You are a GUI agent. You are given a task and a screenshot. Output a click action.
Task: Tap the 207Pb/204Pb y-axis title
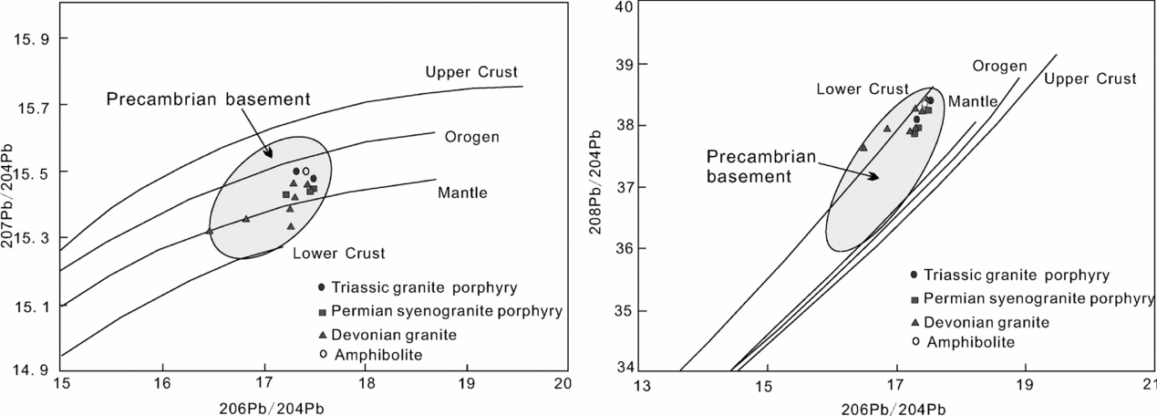pyautogui.click(x=10, y=204)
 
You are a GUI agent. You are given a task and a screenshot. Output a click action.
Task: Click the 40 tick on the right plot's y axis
pyautogui.click(x=622, y=7)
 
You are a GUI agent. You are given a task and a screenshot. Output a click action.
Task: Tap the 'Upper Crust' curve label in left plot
pyautogui.click(x=471, y=72)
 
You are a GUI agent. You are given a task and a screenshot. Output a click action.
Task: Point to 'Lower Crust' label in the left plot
pyautogui.click(x=339, y=253)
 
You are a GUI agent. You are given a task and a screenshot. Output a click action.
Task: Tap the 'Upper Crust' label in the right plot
pyautogui.click(x=1090, y=79)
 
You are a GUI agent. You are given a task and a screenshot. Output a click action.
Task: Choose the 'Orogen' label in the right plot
pyautogui.click(x=999, y=66)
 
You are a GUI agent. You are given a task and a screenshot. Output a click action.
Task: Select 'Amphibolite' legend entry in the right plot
pyautogui.click(x=964, y=341)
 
